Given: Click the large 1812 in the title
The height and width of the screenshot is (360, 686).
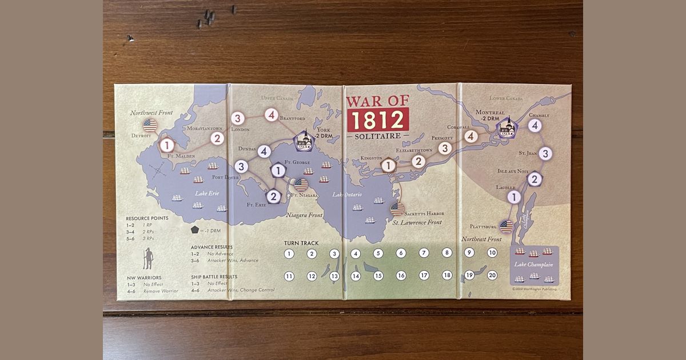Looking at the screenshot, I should point(377,120).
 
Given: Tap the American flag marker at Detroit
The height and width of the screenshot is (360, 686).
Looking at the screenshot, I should point(150,125).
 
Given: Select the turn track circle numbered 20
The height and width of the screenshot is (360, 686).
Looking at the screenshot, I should point(492,275).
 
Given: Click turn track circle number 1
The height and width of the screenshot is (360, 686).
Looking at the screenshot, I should point(289,254).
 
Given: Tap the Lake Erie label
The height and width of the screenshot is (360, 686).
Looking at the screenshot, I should point(206,194).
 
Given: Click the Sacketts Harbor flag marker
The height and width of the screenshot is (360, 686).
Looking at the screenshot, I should point(397,209).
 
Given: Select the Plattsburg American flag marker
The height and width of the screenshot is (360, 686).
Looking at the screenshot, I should point(506,227).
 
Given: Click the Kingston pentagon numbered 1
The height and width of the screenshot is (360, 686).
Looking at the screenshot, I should point(388,165).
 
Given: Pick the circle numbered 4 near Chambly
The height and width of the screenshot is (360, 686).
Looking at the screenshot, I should point(535,125).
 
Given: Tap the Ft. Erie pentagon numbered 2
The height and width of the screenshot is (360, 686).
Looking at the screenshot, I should point(273,197).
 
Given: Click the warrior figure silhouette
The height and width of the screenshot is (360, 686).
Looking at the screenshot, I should point(148,258).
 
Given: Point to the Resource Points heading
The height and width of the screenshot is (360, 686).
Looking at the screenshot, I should point(147,218).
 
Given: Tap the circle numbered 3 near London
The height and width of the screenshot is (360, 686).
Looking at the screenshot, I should point(238,119).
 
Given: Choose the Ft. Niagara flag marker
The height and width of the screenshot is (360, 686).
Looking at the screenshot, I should point(301,184).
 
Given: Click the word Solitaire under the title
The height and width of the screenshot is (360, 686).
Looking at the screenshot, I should point(377,138).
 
